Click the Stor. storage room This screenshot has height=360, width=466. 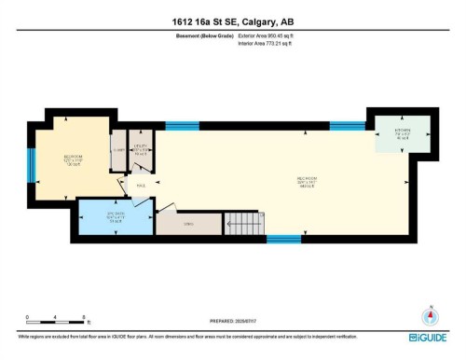(x=187, y=222)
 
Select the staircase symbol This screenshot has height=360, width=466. (x=244, y=224)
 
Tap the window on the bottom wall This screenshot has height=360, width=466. (x=283, y=239)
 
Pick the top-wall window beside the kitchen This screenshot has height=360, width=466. (x=347, y=125)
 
